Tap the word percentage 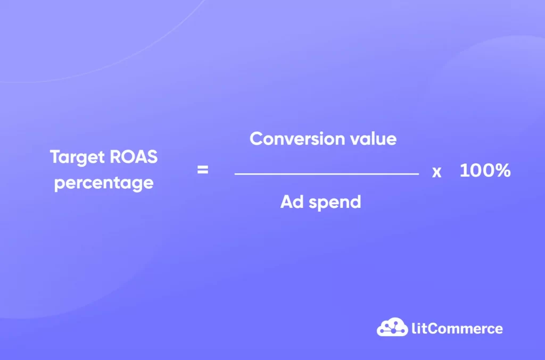[104, 183]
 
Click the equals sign [203, 171]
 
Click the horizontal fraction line [326, 173]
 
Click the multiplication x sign [436, 172]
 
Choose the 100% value [485, 171]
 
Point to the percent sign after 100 [502, 171]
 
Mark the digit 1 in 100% [463, 171]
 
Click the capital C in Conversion [257, 139]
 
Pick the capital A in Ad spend [287, 202]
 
